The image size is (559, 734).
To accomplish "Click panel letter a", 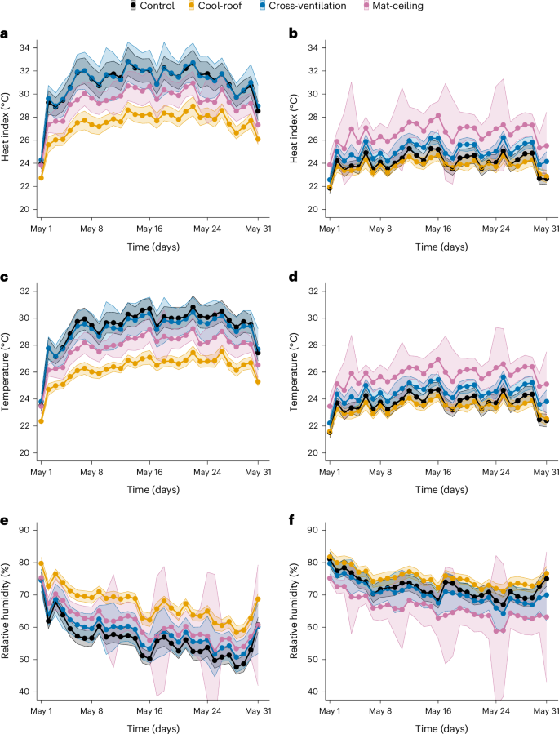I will pos(6,34).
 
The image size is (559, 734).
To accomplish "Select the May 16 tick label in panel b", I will pos(438,230).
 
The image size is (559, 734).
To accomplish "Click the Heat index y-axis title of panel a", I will pos(7,129).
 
